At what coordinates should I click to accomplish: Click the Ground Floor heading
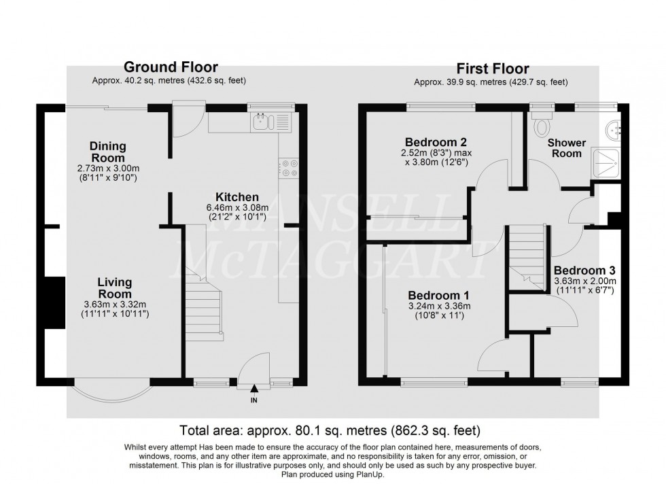point(170,67)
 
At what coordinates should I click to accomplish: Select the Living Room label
point(114,288)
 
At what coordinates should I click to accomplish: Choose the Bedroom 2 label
point(436,142)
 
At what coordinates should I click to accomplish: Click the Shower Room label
point(566,148)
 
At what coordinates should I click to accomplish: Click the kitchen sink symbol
point(262,122)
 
